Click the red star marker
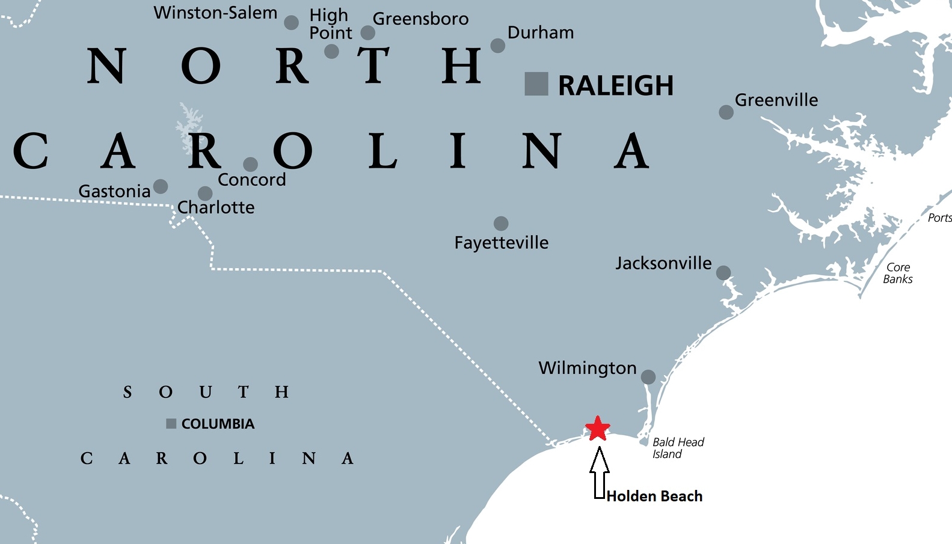point(598,429)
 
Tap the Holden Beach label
point(654,497)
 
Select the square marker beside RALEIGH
point(536,84)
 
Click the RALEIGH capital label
point(616,86)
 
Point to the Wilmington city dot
point(648,377)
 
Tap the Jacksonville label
point(663,263)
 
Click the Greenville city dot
point(726,112)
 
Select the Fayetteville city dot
point(501,224)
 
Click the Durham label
point(541,32)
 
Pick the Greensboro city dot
point(368,32)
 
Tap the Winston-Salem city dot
point(291,23)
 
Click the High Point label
point(330,24)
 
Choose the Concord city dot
point(250,164)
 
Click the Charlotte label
point(216,207)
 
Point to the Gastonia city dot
point(161,186)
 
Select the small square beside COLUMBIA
point(171,424)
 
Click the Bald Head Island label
point(677,448)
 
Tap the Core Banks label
point(897,273)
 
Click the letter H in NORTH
point(461,66)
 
